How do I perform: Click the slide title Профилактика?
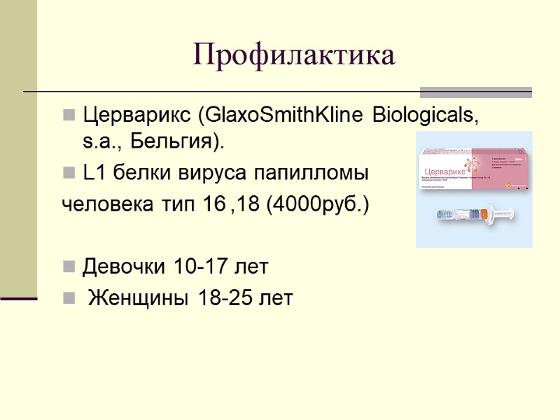tap(294, 56)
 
